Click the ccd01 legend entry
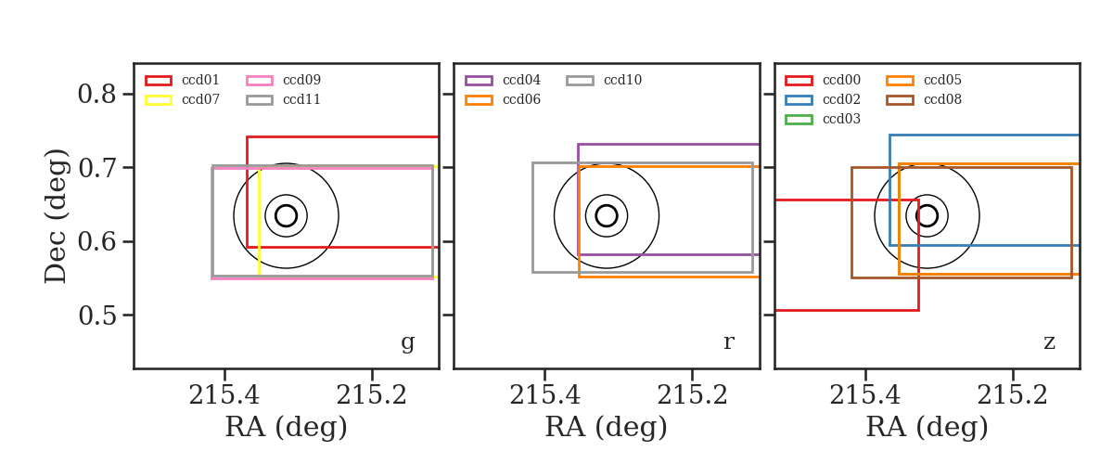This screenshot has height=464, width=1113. [x=182, y=80]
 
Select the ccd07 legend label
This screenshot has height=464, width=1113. [x=200, y=99]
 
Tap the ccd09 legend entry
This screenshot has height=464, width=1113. [x=283, y=80]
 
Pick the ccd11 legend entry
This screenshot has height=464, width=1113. [x=283, y=99]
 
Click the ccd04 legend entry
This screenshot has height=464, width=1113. [x=503, y=80]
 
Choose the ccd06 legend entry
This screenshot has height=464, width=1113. [x=503, y=99]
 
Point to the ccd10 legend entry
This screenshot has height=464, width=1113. [x=604, y=80]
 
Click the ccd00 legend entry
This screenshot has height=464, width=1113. [x=823, y=80]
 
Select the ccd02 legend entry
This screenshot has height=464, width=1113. [x=823, y=99]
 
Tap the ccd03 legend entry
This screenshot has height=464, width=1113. [x=823, y=119]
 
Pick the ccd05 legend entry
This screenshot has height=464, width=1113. [x=924, y=80]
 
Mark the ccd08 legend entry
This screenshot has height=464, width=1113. [x=924, y=99]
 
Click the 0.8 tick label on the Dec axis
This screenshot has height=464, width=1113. [x=96, y=94]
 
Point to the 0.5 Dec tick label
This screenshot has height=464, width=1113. [x=96, y=316]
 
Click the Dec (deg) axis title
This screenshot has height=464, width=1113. [x=55, y=216]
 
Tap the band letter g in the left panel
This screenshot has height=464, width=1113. [x=408, y=342]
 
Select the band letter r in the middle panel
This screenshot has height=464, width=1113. [x=728, y=342]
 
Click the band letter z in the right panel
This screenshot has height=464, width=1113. [x=1049, y=342]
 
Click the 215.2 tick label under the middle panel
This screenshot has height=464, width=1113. [x=692, y=395]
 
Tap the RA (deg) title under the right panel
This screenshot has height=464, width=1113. [x=927, y=427]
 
